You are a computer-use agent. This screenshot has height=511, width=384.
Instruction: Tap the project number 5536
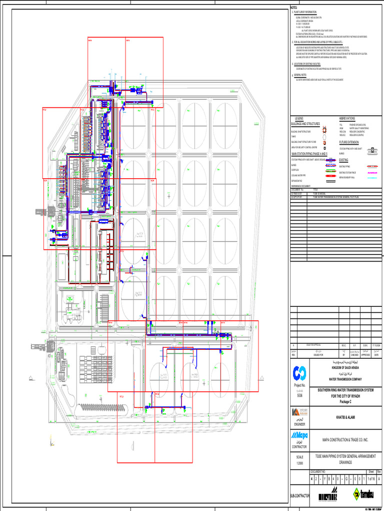(x=300, y=395)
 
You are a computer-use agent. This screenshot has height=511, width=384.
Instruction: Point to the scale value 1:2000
(x=300, y=463)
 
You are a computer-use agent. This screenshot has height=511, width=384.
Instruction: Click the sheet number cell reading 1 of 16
(x=370, y=479)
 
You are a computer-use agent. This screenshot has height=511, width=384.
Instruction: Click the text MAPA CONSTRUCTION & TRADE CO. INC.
(x=345, y=440)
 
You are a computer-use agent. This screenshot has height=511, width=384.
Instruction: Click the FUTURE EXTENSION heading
(x=353, y=142)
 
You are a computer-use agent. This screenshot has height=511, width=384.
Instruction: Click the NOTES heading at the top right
(x=294, y=8)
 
